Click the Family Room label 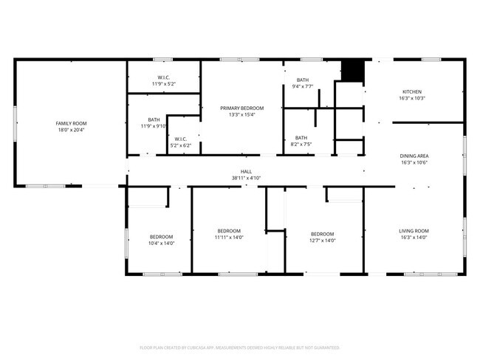pyautogui.click(x=72, y=123)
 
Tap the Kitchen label pyautogui.click(x=412, y=91)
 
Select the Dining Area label pyautogui.click(x=414, y=156)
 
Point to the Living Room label pyautogui.click(x=414, y=231)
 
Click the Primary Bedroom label pyautogui.click(x=241, y=108)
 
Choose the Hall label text pyautogui.click(x=246, y=171)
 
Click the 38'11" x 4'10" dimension pyautogui.click(x=246, y=178)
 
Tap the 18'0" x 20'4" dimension pyautogui.click(x=72, y=130)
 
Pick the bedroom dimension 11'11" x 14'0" pyautogui.click(x=229, y=238)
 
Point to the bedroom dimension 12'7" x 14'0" pyautogui.click(x=322, y=240)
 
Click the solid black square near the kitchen pyautogui.click(x=354, y=70)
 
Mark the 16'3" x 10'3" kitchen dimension pyautogui.click(x=412, y=98)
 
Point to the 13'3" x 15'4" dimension pyautogui.click(x=241, y=114)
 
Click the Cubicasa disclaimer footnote pyautogui.click(x=239, y=347)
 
